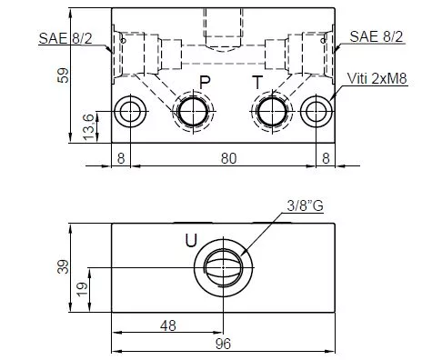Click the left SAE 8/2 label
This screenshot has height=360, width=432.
pos(65,38)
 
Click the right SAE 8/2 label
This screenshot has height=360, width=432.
pos(377,36)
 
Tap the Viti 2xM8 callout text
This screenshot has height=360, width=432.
pos(377,78)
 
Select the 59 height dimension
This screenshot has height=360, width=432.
pos(64,75)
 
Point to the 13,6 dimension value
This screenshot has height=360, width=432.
pos(89,127)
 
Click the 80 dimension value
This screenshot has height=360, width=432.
pos(228,158)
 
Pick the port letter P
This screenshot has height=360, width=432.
pos(205,83)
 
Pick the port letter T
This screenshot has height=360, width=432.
pos(257,83)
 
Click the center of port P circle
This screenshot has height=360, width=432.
pos(193,112)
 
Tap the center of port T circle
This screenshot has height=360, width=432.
pos(272,112)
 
